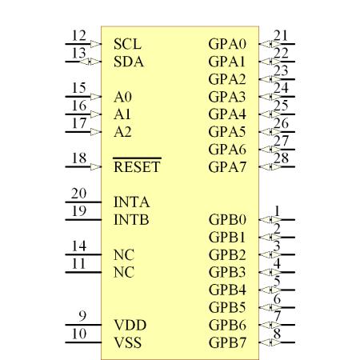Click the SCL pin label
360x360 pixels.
(x=127, y=44)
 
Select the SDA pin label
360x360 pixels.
(x=129, y=62)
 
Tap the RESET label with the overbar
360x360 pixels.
(x=137, y=166)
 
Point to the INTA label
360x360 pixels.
(x=131, y=202)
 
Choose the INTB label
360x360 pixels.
(x=131, y=219)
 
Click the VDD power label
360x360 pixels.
(x=130, y=325)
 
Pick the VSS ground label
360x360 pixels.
(x=128, y=342)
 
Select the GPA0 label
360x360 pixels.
(x=227, y=44)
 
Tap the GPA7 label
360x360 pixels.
(x=227, y=167)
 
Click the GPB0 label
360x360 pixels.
(x=227, y=219)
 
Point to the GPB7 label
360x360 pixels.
(x=227, y=342)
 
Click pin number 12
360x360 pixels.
(x=79, y=35)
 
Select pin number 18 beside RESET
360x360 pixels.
(x=79, y=158)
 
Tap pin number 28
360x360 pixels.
(x=281, y=158)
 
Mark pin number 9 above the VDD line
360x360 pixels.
(x=82, y=316)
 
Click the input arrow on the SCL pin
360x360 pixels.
(x=96, y=44)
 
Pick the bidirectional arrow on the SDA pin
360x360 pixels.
(x=90, y=62)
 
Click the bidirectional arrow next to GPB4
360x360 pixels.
(x=270, y=290)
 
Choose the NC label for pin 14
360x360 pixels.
(x=124, y=254)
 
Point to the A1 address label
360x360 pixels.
(x=122, y=114)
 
